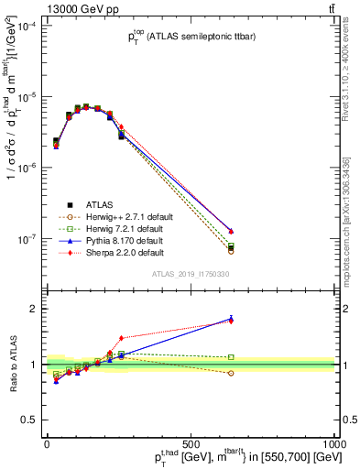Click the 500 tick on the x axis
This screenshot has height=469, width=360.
pos(191,442)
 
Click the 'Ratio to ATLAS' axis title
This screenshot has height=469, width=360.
pos(14,365)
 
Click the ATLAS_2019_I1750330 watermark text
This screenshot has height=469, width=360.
pos(191,274)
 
